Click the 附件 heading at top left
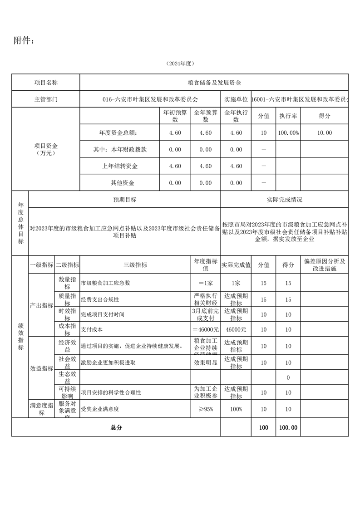tap(24, 41)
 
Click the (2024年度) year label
tap(180, 64)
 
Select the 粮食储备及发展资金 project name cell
tap(214, 83)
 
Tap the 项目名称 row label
tap(46, 83)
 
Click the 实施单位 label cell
tap(236, 99)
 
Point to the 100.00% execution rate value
tap(288, 132)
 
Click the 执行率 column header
tap(288, 116)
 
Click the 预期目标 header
tap(125, 200)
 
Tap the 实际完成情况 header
tap(285, 200)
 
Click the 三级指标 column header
tap(135, 264)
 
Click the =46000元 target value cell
tap(205, 329)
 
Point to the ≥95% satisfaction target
tap(205, 409)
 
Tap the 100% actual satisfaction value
tap(236, 409)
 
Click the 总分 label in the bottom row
tap(116, 427)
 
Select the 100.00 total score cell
tap(288, 427)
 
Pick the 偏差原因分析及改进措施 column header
tap(324, 264)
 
